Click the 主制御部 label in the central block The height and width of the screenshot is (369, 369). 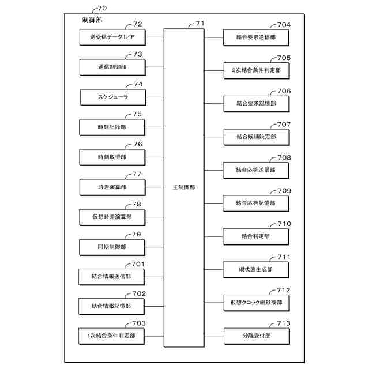click(x=184, y=187)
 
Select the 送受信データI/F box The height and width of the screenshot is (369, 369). click(x=112, y=37)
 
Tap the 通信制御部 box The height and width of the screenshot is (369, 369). click(x=112, y=67)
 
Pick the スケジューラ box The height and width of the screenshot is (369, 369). click(x=112, y=97)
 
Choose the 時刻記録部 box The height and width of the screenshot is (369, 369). click(x=112, y=127)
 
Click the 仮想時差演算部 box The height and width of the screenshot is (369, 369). click(x=112, y=217)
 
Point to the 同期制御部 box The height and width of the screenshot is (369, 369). click(x=112, y=247)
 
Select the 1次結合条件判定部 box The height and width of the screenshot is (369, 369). click(x=112, y=336)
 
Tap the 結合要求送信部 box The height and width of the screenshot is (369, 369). click(x=256, y=37)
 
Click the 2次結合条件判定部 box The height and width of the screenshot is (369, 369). click(x=256, y=70)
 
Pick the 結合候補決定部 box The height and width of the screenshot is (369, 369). click(x=256, y=137)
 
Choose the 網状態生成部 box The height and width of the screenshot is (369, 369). click(x=256, y=269)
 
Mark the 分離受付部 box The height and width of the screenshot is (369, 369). click(x=256, y=336)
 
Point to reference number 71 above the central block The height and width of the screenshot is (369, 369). click(x=200, y=24)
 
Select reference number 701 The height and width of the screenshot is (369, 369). click(x=138, y=264)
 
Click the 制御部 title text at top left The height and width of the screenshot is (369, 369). click(x=92, y=20)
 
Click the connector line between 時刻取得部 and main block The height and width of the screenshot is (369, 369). click(x=155, y=157)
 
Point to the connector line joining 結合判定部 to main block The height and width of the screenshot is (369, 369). click(x=213, y=236)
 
